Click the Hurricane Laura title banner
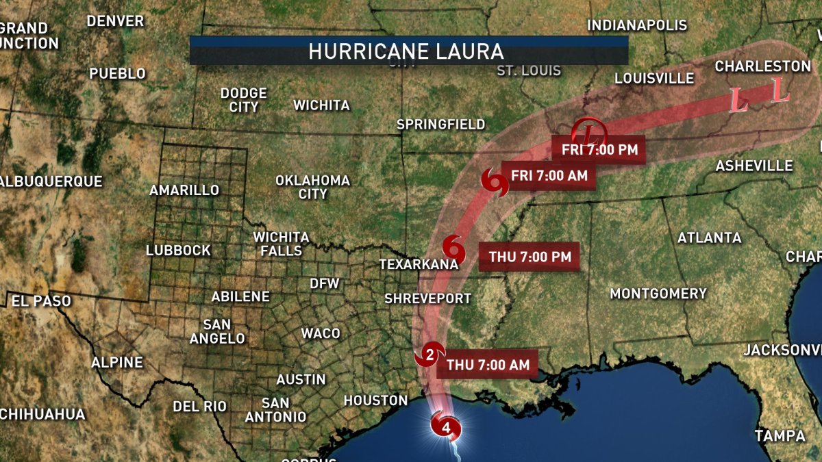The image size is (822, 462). (x=408, y=51)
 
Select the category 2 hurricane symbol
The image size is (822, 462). (x=429, y=355)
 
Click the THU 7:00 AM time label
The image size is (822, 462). (x=488, y=365)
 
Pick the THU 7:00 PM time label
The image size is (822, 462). (x=530, y=257)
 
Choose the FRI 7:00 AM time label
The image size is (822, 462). (x=549, y=175)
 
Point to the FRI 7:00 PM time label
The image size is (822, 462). (x=599, y=149)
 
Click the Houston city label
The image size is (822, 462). (x=375, y=400)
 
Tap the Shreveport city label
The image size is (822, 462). (x=427, y=298)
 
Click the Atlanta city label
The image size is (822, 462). (x=709, y=238)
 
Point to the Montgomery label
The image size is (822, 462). (x=658, y=294)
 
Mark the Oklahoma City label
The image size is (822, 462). (x=312, y=187)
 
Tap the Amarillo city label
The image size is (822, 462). (x=184, y=190)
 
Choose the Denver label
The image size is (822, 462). (x=115, y=21)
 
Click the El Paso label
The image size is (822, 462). (x=41, y=300)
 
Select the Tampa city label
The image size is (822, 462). (x=780, y=435)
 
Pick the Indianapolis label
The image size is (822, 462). (x=637, y=26)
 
